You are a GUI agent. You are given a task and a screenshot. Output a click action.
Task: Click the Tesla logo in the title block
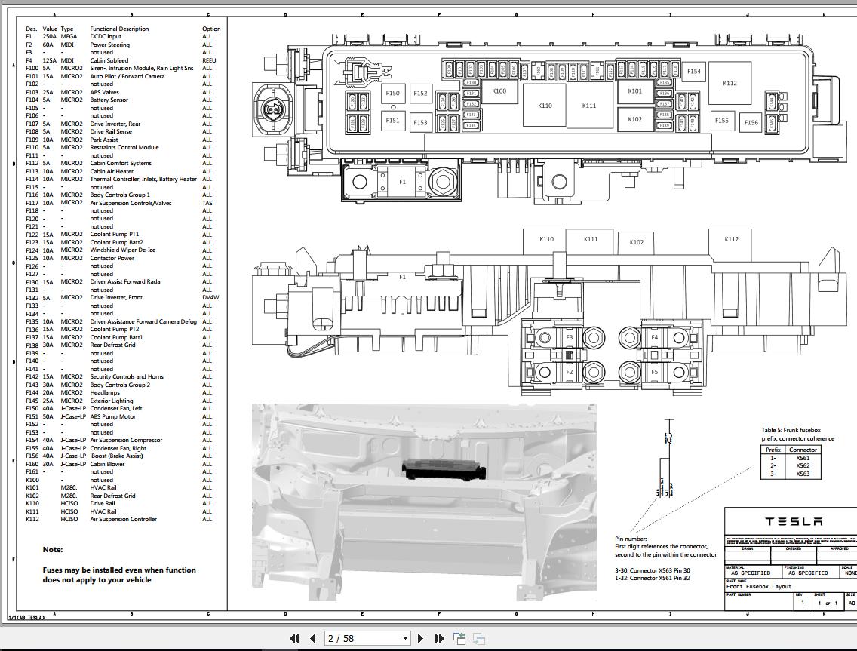click(x=794, y=521)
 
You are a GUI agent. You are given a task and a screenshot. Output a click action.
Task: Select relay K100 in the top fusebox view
click(x=499, y=91)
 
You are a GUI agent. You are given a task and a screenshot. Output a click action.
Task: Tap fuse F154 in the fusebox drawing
click(x=693, y=72)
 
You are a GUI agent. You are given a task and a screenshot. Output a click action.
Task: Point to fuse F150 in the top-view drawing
click(x=392, y=94)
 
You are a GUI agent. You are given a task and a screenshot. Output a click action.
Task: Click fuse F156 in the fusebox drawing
click(x=751, y=122)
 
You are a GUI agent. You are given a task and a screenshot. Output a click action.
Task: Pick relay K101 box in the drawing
click(x=635, y=91)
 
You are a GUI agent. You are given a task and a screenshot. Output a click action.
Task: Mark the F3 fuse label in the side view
click(x=570, y=337)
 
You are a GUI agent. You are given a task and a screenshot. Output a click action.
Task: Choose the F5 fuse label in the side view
click(x=654, y=372)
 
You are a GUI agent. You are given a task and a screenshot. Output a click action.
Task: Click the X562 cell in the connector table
click(x=803, y=465)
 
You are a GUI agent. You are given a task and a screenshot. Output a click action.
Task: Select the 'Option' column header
click(x=211, y=29)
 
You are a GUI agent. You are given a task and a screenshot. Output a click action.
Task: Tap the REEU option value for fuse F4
click(x=209, y=60)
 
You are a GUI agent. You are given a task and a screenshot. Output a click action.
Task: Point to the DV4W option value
click(x=210, y=297)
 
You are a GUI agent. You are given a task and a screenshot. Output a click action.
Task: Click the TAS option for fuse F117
click(x=207, y=203)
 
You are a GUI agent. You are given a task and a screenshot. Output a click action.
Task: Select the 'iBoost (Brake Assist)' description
click(x=116, y=456)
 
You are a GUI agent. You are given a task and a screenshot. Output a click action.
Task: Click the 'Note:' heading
click(x=53, y=550)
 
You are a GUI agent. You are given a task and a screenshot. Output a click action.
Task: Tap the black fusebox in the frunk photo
click(x=444, y=469)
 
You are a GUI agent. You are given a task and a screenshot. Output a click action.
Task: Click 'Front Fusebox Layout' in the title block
click(x=759, y=586)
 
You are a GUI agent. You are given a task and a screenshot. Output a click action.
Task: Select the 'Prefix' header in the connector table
click(x=773, y=450)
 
